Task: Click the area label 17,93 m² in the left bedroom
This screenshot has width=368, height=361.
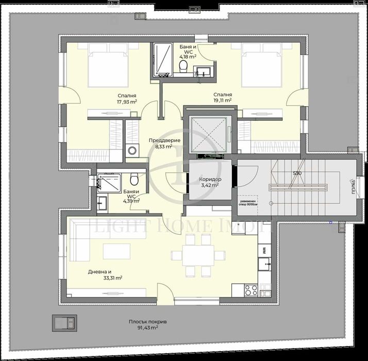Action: point(127,102)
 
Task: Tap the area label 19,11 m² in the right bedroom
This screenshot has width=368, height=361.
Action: point(223,101)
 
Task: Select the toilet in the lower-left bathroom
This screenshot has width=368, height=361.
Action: point(135,180)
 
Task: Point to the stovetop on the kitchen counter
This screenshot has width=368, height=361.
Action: point(251,290)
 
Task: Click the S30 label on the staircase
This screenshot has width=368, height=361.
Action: point(297,173)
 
